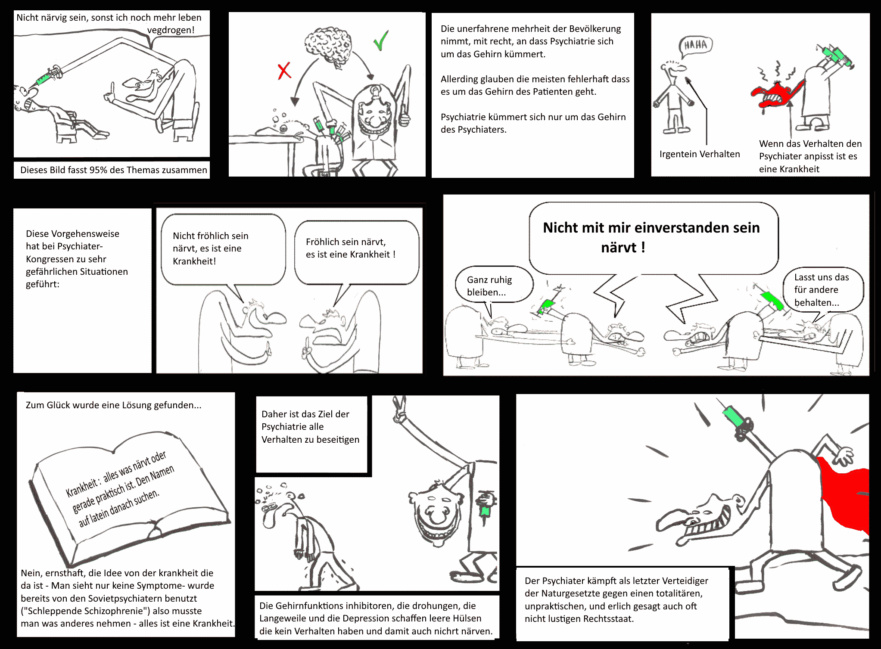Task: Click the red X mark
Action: coord(284,71)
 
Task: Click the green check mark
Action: coord(381,40)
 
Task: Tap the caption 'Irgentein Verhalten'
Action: coord(700,154)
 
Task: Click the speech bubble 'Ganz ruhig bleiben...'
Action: coord(494,285)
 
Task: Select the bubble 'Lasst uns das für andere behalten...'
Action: coord(823,289)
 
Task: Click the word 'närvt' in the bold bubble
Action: coord(619,248)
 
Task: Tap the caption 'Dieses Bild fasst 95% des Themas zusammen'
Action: coord(114,170)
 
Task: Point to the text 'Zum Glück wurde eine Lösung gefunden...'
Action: coord(113,405)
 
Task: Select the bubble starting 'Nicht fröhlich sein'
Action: coord(223,250)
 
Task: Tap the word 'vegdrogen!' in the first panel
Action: coord(171,30)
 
